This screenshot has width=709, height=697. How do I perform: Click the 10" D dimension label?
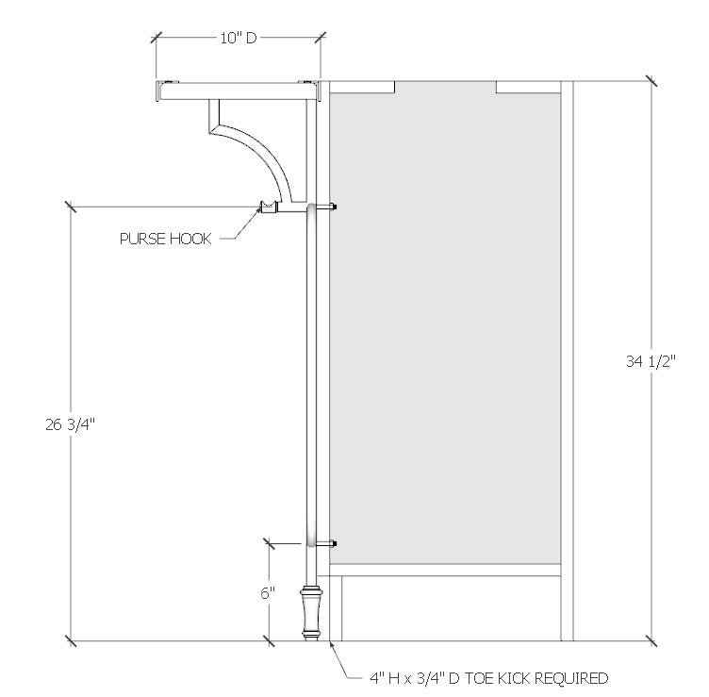pyautogui.click(x=238, y=38)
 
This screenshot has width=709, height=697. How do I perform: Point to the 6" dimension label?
pyautogui.click(x=268, y=593)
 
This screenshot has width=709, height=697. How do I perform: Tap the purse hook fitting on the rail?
pyautogui.click(x=269, y=207)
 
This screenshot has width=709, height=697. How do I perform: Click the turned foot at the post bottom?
pyautogui.click(x=308, y=614)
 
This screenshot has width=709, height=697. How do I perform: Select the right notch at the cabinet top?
pyautogui.click(x=527, y=88)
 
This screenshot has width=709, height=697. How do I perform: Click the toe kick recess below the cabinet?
pyautogui.click(x=448, y=608)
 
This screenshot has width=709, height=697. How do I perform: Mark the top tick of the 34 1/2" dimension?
pyautogui.click(x=650, y=82)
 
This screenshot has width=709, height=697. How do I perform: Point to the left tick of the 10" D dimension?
pyautogui.click(x=157, y=38)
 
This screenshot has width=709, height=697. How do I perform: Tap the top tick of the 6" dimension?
pyautogui.click(x=268, y=543)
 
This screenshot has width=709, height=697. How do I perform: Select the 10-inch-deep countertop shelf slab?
pyautogui.click(x=240, y=91)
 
